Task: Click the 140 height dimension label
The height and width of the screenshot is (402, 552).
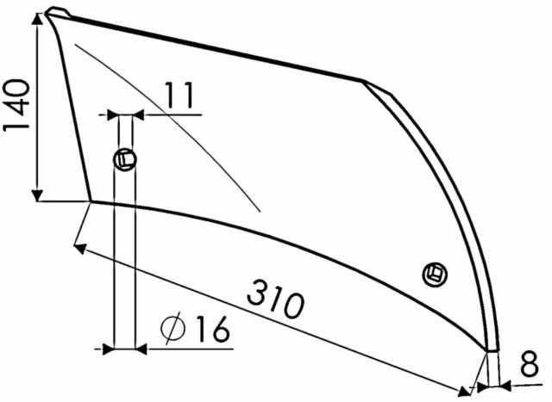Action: (x=16, y=105)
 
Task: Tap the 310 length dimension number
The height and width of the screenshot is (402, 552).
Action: (x=276, y=299)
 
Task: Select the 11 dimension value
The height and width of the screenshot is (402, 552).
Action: (x=179, y=95)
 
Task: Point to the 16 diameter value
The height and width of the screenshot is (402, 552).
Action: (x=214, y=328)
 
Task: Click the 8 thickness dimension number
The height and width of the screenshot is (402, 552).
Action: (x=530, y=363)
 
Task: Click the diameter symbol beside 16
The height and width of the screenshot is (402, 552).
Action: (x=172, y=327)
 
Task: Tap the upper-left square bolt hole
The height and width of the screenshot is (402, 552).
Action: (x=125, y=160)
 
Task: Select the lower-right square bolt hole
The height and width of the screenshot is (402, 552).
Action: (x=435, y=275)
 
